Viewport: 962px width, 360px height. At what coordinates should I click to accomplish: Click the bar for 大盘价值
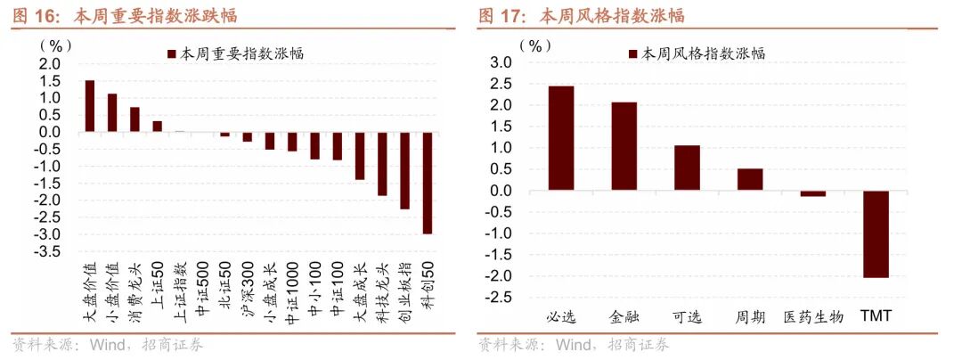(90, 106)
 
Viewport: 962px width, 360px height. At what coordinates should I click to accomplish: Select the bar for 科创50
(428, 183)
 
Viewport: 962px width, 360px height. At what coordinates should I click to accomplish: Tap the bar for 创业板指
(405, 170)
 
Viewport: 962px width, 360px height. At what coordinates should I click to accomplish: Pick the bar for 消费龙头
(135, 119)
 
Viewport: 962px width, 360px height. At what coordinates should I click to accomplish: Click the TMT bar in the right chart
(876, 234)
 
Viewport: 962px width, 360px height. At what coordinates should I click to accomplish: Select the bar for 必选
(561, 138)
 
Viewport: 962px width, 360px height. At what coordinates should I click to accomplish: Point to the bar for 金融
(624, 146)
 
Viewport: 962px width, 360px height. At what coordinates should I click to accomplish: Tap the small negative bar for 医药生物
(812, 193)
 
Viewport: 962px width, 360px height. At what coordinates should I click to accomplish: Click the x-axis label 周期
(749, 316)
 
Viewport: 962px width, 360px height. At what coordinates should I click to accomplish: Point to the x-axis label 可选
(687, 316)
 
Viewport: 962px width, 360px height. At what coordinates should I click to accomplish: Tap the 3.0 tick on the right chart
(501, 62)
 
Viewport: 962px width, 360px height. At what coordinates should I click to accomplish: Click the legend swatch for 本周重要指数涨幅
(171, 53)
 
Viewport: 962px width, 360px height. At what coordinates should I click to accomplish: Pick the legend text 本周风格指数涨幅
(703, 53)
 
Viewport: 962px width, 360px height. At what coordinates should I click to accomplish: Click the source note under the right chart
(574, 345)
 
